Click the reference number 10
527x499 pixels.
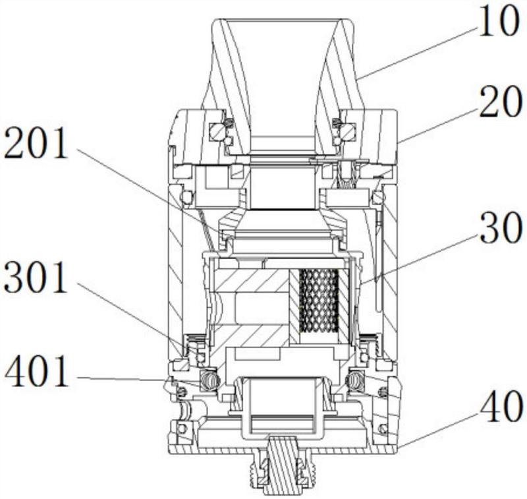tap(498, 21)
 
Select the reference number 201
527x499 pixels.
tap(36, 144)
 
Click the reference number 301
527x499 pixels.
tap(36, 278)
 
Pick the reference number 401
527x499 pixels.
tap(36, 372)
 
